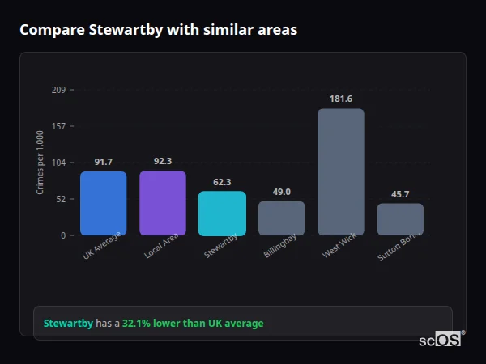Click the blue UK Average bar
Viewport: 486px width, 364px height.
coord(103,203)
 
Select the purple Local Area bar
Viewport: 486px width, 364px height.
coord(163,203)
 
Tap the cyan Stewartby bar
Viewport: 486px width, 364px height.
coord(222,213)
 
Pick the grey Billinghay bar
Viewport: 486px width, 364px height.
coord(281,218)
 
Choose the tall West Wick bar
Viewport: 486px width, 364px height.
coord(341,171)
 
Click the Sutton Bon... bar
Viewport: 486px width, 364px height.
coord(400,219)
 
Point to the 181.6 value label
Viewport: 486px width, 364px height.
coord(341,99)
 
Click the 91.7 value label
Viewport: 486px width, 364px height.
coord(103,162)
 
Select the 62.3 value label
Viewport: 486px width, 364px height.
coord(222,182)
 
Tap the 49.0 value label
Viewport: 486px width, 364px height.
coord(281,192)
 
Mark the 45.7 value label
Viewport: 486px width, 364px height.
coord(400,194)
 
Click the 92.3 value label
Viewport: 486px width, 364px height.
coord(163,161)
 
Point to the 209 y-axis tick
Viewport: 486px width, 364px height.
coord(58,90)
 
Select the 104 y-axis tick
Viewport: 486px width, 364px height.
coord(58,163)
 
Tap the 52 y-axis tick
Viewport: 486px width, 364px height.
coord(61,199)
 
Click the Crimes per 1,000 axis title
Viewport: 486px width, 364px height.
coord(40,163)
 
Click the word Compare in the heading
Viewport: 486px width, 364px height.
coord(49,30)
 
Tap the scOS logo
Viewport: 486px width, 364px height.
coord(440,341)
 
